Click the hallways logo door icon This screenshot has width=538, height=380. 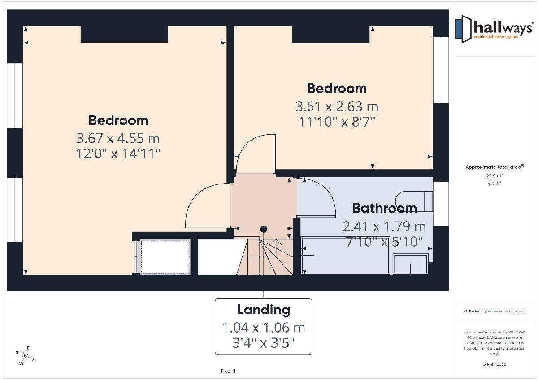463,29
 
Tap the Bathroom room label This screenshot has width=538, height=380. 384,208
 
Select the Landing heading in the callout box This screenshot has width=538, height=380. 264,310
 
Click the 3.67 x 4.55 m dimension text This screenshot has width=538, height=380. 118,139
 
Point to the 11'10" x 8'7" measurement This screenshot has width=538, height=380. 337,122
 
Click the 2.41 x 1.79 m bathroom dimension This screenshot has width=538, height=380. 384,226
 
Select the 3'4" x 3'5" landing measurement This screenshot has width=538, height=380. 264,343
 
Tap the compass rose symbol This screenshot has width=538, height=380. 25,356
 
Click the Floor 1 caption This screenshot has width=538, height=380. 228,371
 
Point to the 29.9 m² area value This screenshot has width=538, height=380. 494,176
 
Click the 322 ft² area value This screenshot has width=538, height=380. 494,184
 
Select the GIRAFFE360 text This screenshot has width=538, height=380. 494,364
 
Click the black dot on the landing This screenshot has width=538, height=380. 264,230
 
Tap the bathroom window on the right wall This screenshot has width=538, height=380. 441,204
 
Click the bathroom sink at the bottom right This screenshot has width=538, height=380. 411,264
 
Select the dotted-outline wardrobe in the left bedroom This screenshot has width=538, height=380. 165,257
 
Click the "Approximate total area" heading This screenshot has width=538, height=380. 494,167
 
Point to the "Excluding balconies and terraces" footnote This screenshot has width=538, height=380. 494,312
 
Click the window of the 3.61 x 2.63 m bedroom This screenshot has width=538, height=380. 441,70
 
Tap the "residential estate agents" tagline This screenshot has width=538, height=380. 496,37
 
